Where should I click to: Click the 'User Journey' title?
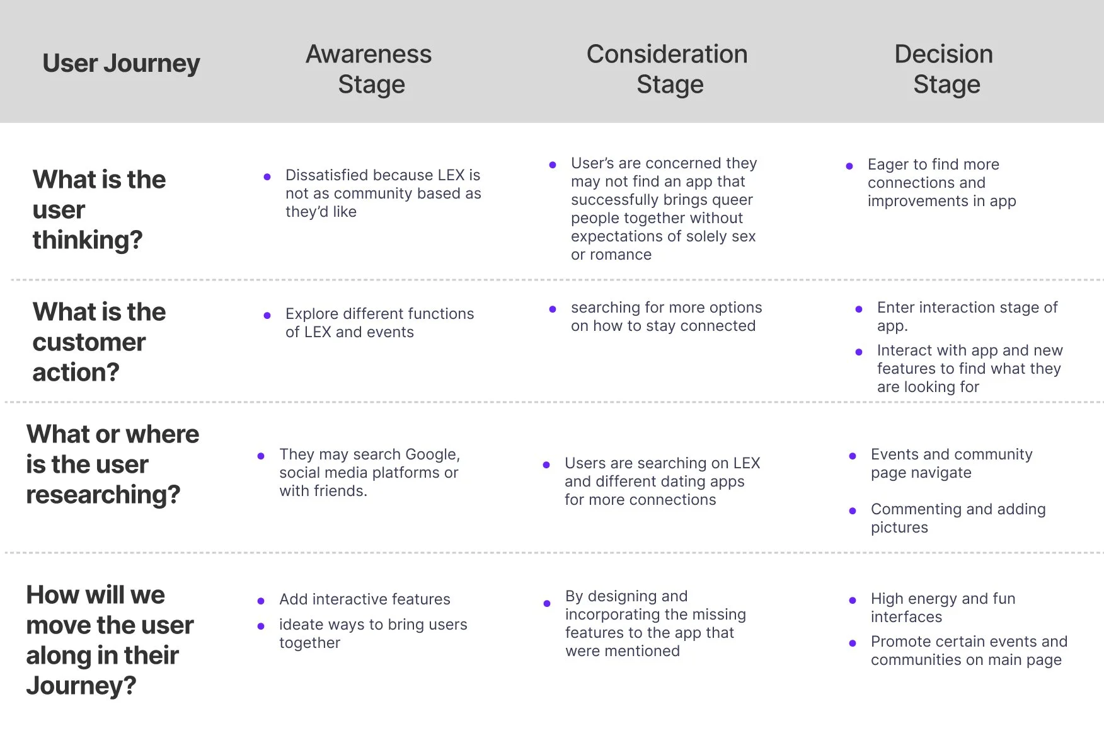(121, 64)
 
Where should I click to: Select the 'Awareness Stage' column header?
(370, 69)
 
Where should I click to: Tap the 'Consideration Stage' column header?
(668, 69)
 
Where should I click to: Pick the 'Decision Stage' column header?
(945, 69)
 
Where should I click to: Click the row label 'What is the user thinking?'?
(99, 210)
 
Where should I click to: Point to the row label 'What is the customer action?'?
(99, 342)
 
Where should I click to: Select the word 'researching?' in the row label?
(103, 495)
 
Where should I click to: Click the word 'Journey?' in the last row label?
(81, 686)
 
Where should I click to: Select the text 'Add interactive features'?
(365, 599)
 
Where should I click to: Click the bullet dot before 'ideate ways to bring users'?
(261, 626)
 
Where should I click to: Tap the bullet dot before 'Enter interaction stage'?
(859, 309)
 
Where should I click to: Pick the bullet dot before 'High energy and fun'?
(853, 601)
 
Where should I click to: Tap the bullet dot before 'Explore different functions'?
(267, 315)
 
